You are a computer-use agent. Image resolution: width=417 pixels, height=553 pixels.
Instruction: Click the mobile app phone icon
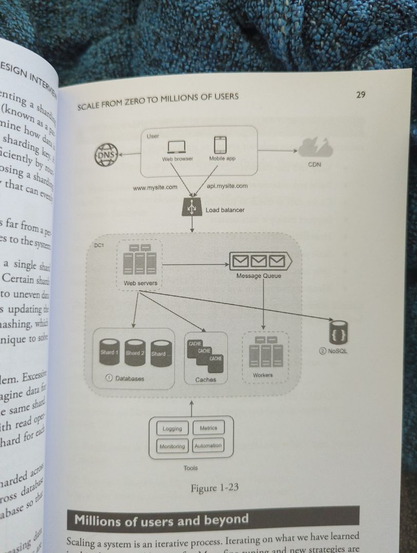point(221,145)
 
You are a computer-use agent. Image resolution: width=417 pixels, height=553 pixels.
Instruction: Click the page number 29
point(360,94)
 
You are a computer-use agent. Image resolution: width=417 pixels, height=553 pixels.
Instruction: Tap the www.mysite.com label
point(155,187)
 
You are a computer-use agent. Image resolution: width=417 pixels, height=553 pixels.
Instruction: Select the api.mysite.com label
point(227,186)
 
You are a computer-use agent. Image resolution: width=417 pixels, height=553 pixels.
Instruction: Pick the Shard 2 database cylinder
point(135,353)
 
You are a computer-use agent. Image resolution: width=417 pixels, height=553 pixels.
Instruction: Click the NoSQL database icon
point(339,333)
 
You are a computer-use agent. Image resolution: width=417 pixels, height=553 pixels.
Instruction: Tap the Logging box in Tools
point(172,429)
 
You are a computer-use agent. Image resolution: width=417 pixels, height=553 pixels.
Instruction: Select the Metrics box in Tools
point(208,428)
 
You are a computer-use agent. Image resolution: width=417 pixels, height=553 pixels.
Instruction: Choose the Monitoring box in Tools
point(172,446)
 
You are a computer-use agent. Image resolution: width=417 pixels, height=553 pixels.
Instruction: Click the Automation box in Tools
point(208,445)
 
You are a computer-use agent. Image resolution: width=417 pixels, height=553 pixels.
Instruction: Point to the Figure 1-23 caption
point(214,488)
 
